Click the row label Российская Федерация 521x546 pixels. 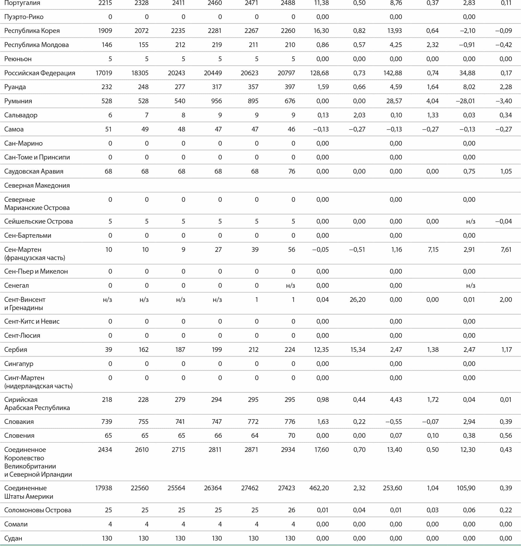tap(40, 73)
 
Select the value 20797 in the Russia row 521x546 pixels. tap(286, 73)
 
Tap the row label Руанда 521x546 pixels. tap(15, 87)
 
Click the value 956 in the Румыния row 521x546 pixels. tap(216, 101)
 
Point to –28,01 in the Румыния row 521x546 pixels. tap(465, 101)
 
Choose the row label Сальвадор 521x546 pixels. tap(21, 115)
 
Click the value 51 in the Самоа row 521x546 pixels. tap(108, 129)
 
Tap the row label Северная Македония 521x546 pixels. tap(37, 185)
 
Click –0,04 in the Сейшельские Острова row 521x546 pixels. tap(503, 221)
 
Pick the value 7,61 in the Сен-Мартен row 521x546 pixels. tap(506, 250)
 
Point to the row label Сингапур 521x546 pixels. tap(19, 364)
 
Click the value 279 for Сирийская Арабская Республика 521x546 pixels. tap(180, 400)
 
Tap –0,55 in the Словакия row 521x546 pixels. tap(393, 422)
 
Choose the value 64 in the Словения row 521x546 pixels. tap(254, 436)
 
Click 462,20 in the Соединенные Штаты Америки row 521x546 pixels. tap(319, 488)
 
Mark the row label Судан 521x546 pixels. tap(13, 538)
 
